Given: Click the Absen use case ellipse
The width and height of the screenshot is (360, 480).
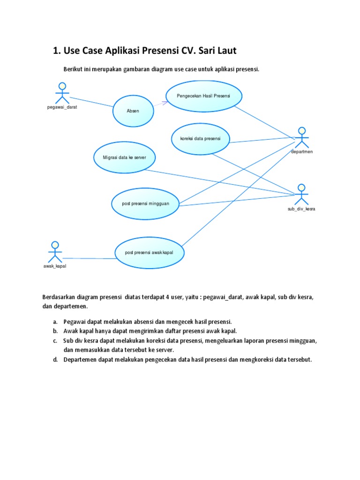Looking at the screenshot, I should click(133, 111).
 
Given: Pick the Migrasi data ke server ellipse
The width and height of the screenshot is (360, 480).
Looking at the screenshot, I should click(124, 157).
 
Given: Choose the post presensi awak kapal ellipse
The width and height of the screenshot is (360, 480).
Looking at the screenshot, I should click(149, 252).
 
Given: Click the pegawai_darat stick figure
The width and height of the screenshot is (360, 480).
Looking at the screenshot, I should click(62, 93).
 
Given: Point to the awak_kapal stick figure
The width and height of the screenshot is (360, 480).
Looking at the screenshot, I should click(55, 252).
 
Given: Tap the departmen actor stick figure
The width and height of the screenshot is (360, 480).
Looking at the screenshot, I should click(301, 137).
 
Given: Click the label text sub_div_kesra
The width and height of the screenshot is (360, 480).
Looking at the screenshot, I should click(301, 209).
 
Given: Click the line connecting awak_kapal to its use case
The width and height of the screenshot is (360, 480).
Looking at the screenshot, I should click(89, 258).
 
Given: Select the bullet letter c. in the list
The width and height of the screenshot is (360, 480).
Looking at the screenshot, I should click(55, 341).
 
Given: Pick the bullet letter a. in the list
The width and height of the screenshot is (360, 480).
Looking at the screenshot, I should click(55, 322).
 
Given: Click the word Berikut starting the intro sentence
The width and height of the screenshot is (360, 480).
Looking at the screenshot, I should click(73, 69).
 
